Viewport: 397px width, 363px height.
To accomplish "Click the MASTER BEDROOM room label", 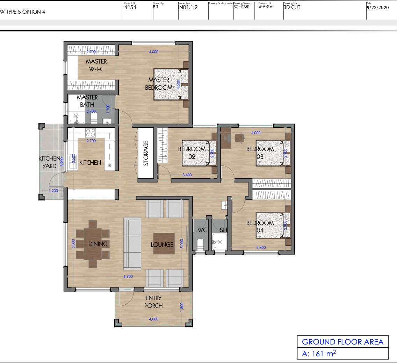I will [x=159, y=84].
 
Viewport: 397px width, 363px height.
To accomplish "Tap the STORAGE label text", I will [x=146, y=153].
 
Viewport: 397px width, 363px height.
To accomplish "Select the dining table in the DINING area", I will [x=93, y=244].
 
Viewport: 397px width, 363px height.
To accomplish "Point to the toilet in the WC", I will [x=200, y=244].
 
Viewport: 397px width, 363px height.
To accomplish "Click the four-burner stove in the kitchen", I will [x=91, y=133].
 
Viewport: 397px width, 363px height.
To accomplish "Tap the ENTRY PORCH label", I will [x=153, y=302].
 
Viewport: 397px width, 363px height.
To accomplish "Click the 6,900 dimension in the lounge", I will [x=129, y=276].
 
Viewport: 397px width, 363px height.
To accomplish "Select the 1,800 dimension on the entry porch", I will [x=181, y=306].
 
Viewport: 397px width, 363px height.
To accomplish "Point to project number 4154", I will [x=130, y=7].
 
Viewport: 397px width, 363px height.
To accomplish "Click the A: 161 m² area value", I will [x=319, y=354].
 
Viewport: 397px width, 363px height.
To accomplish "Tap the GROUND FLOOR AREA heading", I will [x=342, y=342].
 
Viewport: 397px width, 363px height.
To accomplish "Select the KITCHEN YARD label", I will [x=50, y=162].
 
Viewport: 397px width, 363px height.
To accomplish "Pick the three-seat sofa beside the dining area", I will [x=132, y=244].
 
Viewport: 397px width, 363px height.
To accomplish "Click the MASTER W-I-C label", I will [x=96, y=65].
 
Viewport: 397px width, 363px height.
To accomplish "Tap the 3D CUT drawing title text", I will [x=292, y=7].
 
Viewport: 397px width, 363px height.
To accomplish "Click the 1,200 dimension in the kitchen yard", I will [x=53, y=191].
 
